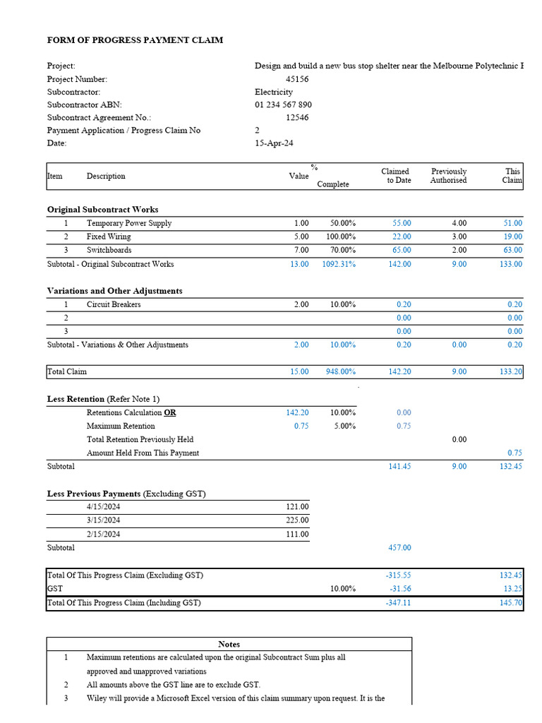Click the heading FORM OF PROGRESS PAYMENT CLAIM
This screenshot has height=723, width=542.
point(135,40)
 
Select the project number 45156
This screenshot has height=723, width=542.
point(296,79)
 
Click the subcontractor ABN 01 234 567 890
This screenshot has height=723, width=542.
point(283,104)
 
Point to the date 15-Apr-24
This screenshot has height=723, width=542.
point(274,143)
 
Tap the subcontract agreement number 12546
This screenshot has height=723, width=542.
point(296,118)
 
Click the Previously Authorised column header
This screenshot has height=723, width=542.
point(448,176)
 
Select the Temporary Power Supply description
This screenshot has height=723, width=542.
point(129,223)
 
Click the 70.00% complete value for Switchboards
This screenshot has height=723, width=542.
point(342,250)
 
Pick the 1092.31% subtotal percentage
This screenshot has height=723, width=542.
point(339,264)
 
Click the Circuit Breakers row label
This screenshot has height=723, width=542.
point(114,304)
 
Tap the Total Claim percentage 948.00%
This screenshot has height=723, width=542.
point(339,371)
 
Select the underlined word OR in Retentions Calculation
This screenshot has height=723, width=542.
point(170,412)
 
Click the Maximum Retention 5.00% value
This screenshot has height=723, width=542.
point(342,426)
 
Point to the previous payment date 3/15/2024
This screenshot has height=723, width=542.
point(103,520)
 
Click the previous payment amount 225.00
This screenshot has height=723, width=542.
point(297,520)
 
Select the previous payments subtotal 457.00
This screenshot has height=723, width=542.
point(399,547)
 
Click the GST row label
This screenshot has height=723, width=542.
point(54,589)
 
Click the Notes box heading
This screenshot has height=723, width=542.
point(229,644)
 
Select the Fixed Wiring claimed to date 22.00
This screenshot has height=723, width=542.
point(402,237)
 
